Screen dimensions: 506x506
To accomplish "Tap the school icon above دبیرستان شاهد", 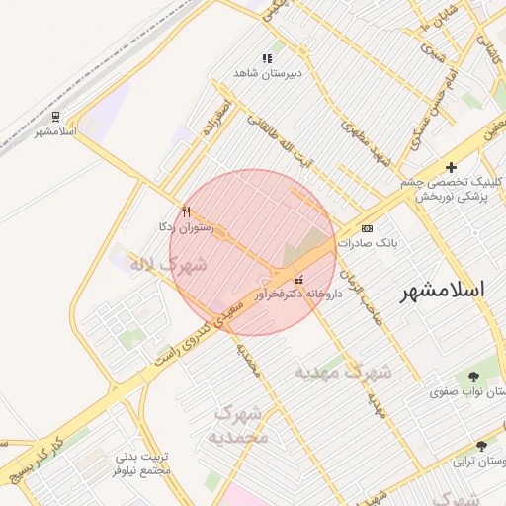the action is pyautogui.click(x=266, y=59).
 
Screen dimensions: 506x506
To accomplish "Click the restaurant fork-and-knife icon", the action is pyautogui.click(x=186, y=211).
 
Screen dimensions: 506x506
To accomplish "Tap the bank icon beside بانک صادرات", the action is pyautogui.click(x=368, y=228).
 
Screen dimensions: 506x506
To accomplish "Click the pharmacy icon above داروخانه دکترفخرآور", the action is pyautogui.click(x=299, y=280).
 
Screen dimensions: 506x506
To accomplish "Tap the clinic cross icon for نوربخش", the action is pyautogui.click(x=452, y=167).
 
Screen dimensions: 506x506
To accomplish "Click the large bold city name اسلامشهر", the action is pyautogui.click(x=443, y=290).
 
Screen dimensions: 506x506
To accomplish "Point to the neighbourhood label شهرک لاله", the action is pyautogui.click(x=168, y=264).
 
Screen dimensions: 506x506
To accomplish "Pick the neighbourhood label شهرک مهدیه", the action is pyautogui.click(x=343, y=372).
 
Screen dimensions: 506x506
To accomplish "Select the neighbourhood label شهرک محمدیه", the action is pyautogui.click(x=240, y=424).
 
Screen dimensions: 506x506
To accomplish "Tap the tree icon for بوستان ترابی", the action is pyautogui.click(x=481, y=446).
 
